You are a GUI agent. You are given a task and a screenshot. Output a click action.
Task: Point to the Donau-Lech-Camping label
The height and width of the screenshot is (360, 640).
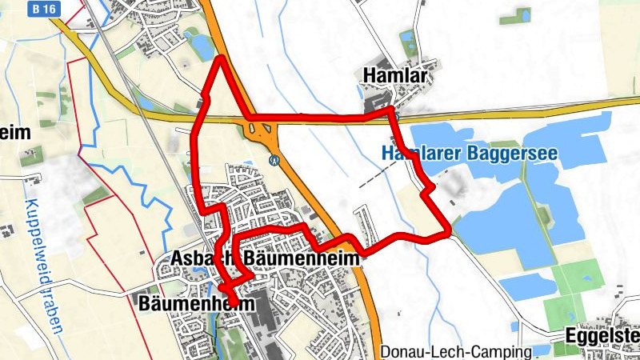[456, 352]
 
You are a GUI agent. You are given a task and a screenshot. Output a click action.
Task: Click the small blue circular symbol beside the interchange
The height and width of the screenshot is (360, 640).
[274, 159]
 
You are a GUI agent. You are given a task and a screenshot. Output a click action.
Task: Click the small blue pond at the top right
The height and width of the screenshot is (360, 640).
[521, 14]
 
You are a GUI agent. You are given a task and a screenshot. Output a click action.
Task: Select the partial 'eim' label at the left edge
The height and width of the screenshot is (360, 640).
[16, 132]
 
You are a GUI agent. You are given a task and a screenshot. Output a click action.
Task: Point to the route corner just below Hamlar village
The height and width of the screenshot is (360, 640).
[392, 114]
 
